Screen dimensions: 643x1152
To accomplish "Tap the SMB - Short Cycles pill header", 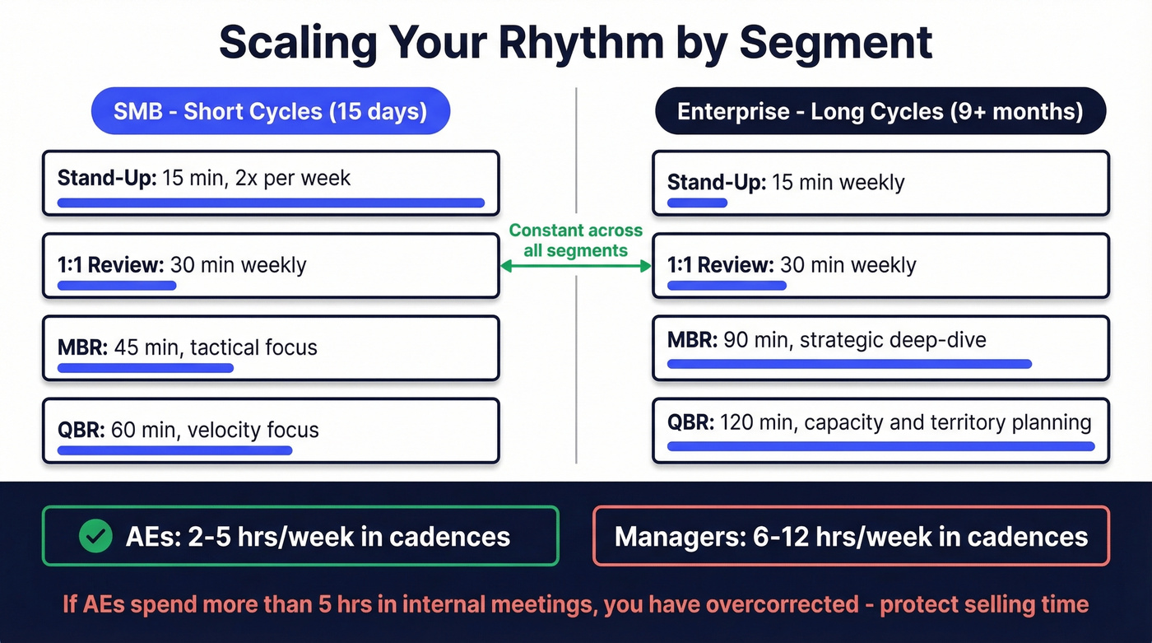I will [x=270, y=111].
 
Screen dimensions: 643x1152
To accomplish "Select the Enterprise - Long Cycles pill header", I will [x=880, y=111].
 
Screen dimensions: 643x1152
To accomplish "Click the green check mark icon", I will [x=95, y=537].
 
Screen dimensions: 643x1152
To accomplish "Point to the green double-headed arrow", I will [x=575, y=266].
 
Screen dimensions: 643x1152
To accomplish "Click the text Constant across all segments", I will [x=575, y=240].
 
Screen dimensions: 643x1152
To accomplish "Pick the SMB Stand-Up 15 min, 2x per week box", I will [x=270, y=183].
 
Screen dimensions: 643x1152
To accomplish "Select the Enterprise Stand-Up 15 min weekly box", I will [x=880, y=183].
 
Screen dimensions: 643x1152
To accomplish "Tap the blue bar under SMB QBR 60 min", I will [x=174, y=450].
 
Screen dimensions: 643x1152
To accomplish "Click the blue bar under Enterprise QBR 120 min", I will [x=880, y=446].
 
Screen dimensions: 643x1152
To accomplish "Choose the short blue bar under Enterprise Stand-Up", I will [x=697, y=203].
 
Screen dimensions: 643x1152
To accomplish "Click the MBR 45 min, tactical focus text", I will [x=188, y=347].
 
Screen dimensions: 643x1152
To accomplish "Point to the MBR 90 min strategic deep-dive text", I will [x=826, y=339].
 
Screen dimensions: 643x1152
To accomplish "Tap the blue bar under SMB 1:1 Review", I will [x=117, y=286].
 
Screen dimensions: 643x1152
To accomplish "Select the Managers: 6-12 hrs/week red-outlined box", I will [x=851, y=537].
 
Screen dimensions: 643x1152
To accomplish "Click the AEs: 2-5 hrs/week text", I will [x=318, y=537].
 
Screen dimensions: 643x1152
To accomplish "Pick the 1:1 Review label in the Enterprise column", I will [x=720, y=265].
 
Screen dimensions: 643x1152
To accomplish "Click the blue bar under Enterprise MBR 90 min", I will [x=848, y=363].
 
